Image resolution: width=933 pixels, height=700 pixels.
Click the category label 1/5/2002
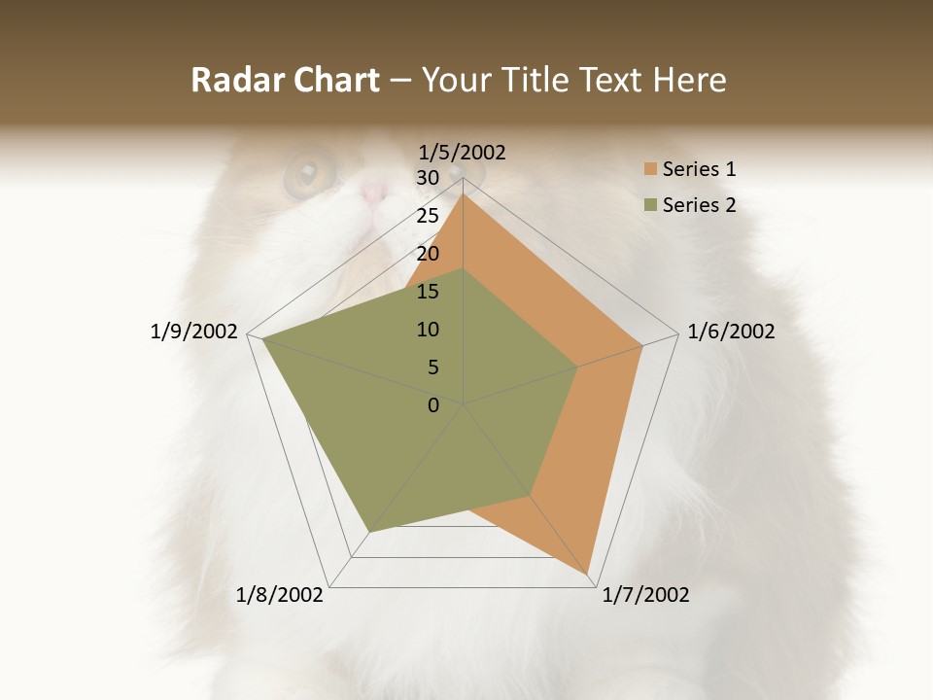tap(463, 152)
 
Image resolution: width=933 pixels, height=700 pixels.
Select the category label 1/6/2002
tap(731, 332)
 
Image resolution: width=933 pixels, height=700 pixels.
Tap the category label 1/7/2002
tap(645, 595)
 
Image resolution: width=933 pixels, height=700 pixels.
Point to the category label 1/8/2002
tap(280, 595)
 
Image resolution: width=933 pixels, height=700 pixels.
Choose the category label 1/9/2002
tap(193, 332)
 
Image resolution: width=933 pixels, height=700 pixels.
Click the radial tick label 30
tap(428, 178)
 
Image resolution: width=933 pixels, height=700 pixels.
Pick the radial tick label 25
tap(428, 216)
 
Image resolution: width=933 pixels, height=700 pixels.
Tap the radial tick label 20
tap(428, 254)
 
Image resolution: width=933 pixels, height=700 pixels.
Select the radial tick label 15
tap(428, 292)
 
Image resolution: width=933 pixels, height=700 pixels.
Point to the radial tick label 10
tap(428, 330)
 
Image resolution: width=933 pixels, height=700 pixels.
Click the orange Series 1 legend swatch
tap(650, 169)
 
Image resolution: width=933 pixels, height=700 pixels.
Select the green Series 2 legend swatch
tap(650, 205)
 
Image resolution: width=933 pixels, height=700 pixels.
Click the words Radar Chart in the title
tap(285, 80)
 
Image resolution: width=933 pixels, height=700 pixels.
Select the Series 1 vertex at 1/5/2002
tap(464, 194)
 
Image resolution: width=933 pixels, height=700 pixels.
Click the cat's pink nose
tap(373, 192)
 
